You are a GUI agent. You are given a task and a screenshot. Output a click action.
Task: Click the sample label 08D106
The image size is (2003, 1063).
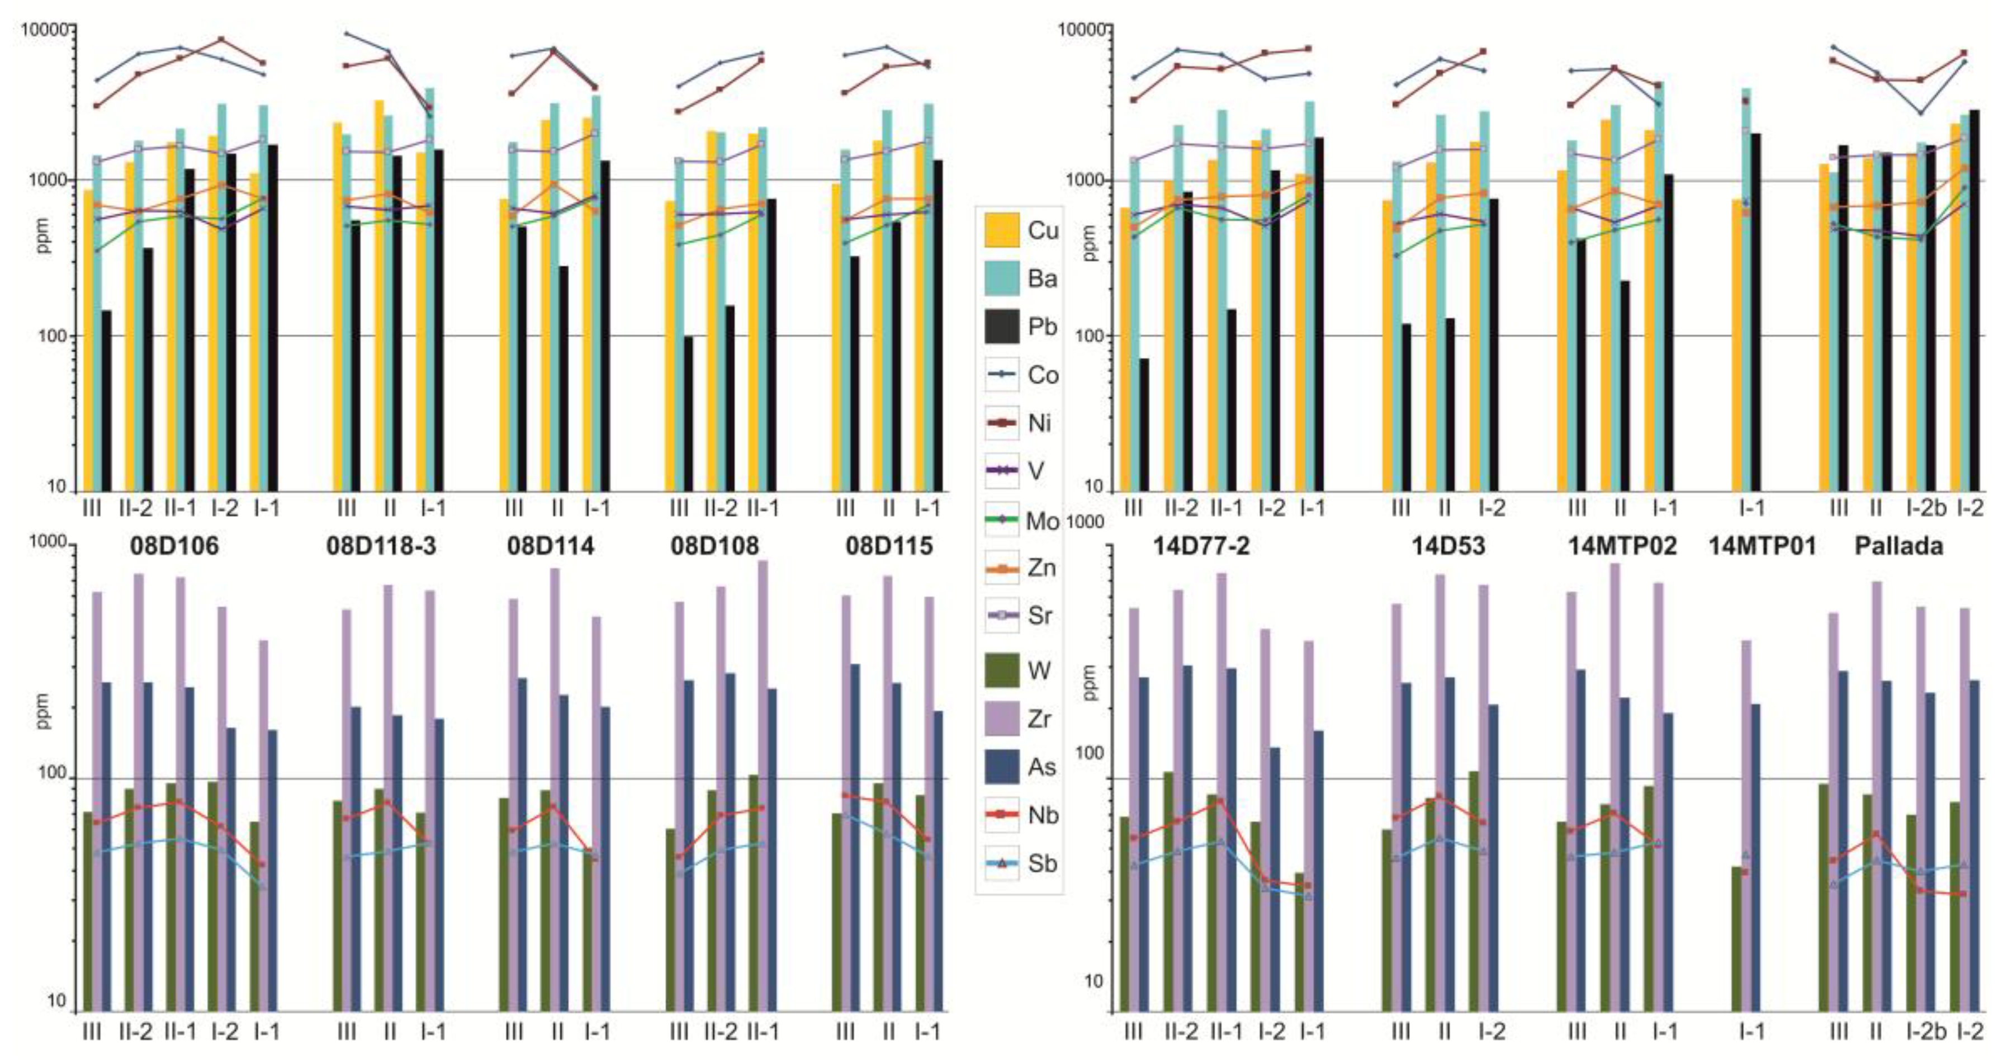click(174, 546)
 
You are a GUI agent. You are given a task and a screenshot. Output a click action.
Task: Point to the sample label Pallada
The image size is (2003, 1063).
click(1898, 546)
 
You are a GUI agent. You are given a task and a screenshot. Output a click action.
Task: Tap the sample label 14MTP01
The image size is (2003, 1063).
click(1762, 546)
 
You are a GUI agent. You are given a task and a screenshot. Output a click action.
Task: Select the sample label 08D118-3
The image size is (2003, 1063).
click(381, 546)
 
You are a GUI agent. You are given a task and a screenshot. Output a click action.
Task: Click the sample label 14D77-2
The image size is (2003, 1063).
click(1201, 546)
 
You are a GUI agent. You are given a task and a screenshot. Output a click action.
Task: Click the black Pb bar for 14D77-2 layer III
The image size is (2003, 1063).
click(1144, 424)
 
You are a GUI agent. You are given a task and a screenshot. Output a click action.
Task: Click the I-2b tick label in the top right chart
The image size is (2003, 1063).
click(1926, 508)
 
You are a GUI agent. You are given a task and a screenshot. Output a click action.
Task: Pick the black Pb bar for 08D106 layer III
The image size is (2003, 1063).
click(107, 400)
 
